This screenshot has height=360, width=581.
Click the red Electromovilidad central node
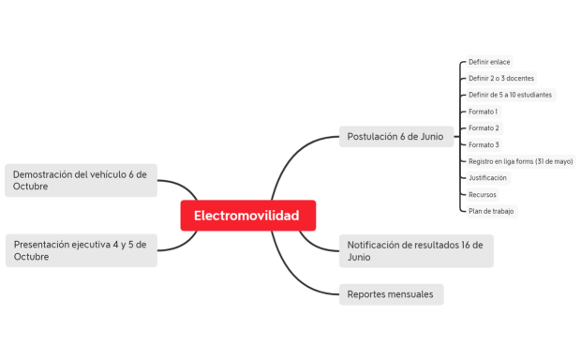tap(247, 216)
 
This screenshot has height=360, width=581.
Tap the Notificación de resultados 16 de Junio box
tap(415, 250)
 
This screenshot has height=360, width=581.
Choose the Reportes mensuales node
tap(390, 294)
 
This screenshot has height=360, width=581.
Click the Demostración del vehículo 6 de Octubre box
tap(82, 180)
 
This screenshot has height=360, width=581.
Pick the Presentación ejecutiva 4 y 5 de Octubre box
tap(82, 250)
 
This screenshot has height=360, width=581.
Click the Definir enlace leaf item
tap(489, 62)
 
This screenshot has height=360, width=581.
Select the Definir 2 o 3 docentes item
tap(501, 79)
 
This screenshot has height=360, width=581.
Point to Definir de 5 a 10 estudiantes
tap(511, 95)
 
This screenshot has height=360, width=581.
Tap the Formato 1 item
tap(484, 112)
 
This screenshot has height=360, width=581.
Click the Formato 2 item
tap(484, 128)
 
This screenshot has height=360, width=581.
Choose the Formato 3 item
tap(484, 144)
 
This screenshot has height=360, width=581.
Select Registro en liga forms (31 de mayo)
tap(520, 161)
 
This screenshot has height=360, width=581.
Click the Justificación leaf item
tap(488, 177)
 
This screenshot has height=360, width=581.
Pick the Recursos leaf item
tap(483, 194)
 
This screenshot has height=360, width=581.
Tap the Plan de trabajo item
tap(492, 211)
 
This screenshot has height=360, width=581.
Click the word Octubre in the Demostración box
tap(31, 187)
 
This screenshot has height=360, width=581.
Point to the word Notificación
tap(378, 245)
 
